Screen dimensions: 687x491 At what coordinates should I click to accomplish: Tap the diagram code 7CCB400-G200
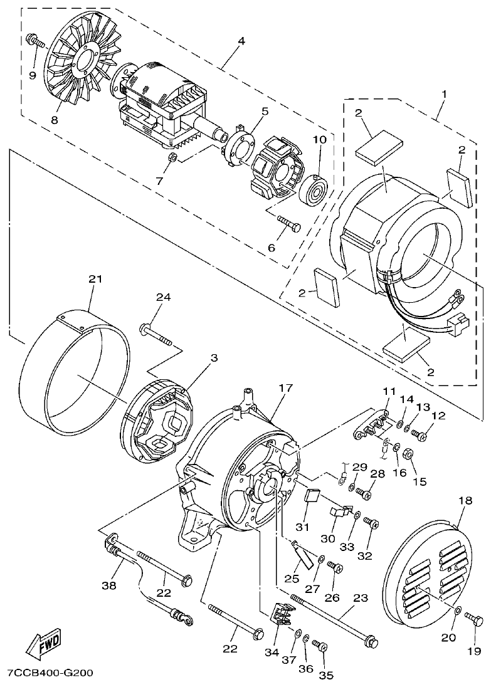tap(50, 673)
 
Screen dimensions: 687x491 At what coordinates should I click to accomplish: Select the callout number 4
tap(241, 41)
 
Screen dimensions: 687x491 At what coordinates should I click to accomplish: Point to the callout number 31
tap(303, 527)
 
